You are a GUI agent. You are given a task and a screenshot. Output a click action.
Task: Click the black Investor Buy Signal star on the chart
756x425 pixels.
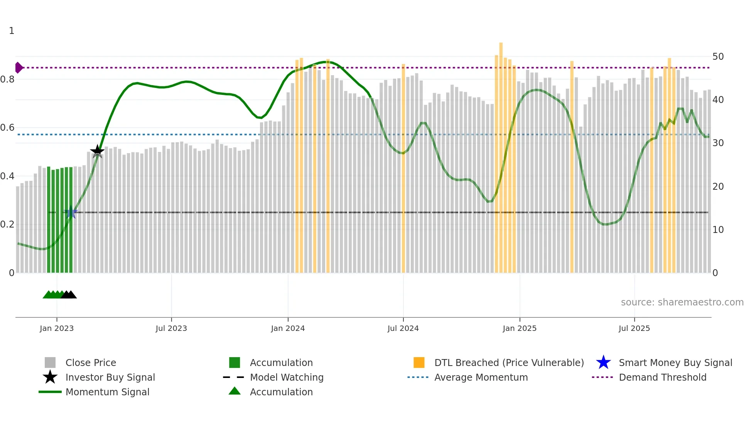coord(97,151)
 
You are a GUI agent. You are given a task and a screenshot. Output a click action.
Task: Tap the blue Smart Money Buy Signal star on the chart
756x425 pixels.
coord(71,212)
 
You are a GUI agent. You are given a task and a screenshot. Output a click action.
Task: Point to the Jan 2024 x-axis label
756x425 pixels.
coord(288,328)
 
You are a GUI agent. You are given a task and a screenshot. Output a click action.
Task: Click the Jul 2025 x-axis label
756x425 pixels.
coord(634,328)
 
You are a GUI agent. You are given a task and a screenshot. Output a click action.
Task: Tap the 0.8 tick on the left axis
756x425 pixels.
coord(7,79)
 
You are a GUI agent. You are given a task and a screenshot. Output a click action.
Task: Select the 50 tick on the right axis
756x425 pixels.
coord(718,57)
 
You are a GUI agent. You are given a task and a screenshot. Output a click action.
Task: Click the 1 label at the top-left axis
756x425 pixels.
coord(12,31)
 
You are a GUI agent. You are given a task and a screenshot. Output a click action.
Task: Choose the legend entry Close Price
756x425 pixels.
coord(91,363)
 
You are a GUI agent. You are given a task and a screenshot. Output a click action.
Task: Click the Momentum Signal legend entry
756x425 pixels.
coord(107,392)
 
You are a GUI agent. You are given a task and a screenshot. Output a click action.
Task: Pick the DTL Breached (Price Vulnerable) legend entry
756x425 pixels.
coord(509,363)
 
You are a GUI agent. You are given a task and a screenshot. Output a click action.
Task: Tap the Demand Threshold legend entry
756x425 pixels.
coord(662,377)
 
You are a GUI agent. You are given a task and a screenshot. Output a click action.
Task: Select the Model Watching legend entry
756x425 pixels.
coord(287,377)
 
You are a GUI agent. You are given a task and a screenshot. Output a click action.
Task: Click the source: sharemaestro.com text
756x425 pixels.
coord(682,302)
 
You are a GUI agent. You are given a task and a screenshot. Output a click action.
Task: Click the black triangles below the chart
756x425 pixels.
coord(69,295)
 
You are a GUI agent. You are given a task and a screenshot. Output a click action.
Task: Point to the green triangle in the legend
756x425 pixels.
coord(235,391)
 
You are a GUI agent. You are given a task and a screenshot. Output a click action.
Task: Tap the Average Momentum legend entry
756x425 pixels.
coord(481,377)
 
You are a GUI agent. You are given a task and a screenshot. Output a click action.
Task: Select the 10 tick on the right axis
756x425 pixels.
coord(718,230)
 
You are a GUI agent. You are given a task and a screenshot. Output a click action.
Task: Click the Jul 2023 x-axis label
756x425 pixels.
coord(171,328)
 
